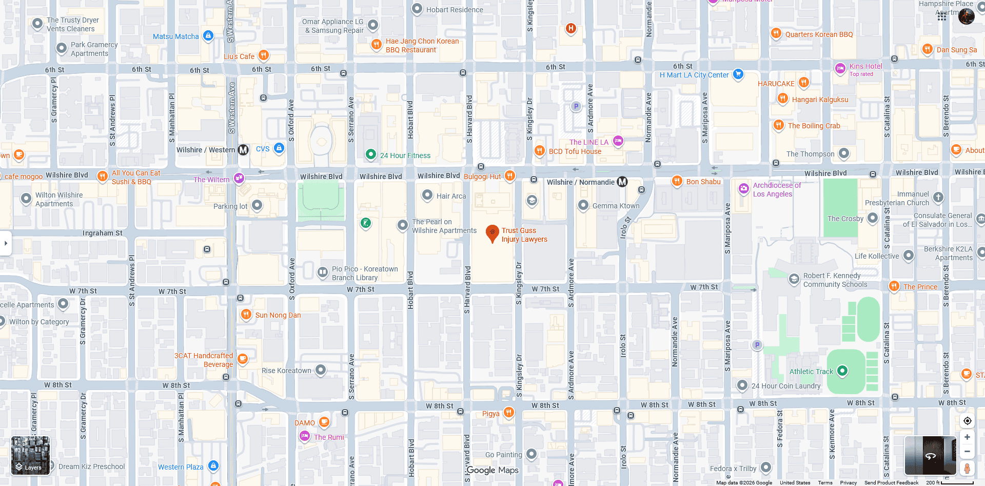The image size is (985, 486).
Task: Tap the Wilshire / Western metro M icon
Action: point(243,150)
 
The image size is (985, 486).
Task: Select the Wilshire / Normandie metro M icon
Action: point(622,182)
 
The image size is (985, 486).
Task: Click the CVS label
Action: point(263,149)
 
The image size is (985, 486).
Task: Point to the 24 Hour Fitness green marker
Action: point(371,154)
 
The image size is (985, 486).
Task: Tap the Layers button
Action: point(30,456)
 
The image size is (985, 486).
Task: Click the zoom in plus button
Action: point(967,437)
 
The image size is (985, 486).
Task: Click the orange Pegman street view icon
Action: point(967,468)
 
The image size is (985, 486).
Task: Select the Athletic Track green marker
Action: point(842,371)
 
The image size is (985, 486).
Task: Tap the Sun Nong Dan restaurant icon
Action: point(246,314)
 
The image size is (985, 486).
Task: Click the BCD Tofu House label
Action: point(575,151)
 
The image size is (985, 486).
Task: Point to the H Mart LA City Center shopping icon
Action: point(738,74)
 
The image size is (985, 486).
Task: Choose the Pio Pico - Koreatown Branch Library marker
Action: point(322,273)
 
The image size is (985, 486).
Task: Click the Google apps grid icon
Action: point(942,16)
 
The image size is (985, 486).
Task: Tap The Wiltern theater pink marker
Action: point(239,178)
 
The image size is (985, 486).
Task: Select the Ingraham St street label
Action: point(102,233)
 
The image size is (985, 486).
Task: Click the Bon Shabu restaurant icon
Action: point(677,181)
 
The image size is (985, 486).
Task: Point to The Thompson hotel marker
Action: point(844,153)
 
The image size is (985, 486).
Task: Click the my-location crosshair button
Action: point(967,421)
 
